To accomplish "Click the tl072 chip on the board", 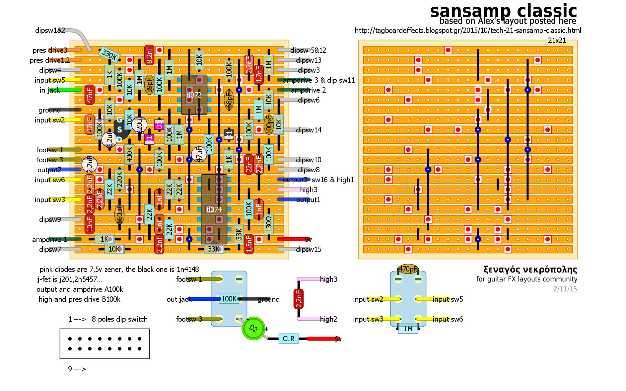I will click(194, 95).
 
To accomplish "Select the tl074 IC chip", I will click(214, 209).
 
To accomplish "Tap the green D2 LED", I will click(253, 328).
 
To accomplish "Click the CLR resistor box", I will click(288, 339).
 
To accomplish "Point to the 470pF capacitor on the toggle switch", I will click(408, 269).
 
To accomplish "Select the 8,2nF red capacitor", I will click(149, 55).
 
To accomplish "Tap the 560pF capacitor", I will click(119, 214).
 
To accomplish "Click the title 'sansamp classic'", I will click(503, 11).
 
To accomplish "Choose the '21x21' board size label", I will click(557, 40).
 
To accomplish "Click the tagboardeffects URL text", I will click(468, 31).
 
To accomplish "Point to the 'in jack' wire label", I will click(50, 90).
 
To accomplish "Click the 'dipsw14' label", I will click(309, 130).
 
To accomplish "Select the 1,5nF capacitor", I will click(249, 244).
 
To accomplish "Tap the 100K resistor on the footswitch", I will click(229, 299).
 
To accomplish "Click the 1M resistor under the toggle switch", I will click(408, 329).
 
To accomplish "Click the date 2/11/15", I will click(565, 289).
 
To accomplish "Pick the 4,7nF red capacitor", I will click(259, 75).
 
